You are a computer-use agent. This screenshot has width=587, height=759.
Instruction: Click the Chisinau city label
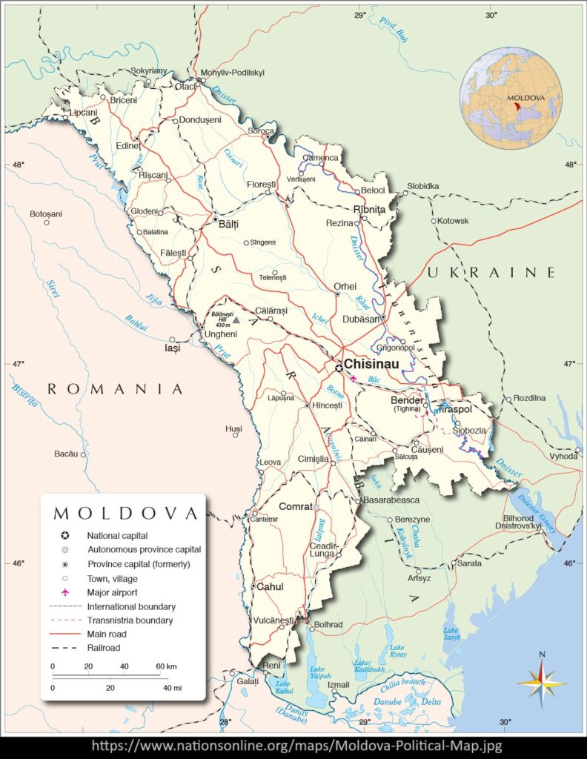(x=371, y=364)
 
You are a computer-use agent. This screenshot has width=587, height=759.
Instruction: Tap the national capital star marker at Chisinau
(x=339, y=367)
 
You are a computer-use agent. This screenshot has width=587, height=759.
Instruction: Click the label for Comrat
(x=295, y=506)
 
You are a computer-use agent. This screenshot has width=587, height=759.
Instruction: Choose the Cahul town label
(x=270, y=586)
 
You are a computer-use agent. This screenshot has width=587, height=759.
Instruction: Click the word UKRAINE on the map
(x=491, y=272)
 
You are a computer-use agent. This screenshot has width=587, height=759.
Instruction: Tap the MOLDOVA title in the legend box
(x=125, y=513)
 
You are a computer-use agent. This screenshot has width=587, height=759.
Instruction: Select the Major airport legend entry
(x=116, y=592)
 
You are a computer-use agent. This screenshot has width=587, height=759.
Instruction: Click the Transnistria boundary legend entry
(x=130, y=620)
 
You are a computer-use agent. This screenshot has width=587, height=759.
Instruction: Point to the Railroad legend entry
(x=103, y=648)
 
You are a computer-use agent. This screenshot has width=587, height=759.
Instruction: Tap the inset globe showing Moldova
(x=510, y=97)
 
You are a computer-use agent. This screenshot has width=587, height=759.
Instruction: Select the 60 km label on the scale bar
(x=165, y=666)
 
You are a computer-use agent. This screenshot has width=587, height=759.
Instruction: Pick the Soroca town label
(x=260, y=130)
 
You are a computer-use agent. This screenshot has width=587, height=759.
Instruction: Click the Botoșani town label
(x=46, y=213)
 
